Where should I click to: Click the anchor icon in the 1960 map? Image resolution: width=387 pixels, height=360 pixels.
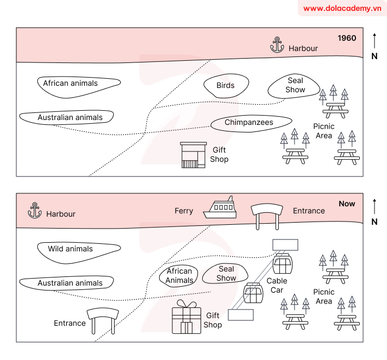(277, 45)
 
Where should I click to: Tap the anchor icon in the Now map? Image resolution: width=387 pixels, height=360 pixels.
(35, 210)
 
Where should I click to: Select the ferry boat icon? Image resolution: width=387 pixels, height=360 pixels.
(220, 209)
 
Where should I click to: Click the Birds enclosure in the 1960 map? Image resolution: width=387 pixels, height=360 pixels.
(226, 85)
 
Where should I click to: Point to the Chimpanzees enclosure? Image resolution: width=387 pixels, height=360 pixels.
(249, 123)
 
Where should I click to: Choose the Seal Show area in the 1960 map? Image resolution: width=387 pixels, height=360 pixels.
(295, 85)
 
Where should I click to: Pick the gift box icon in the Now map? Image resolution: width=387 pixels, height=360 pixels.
(186, 318)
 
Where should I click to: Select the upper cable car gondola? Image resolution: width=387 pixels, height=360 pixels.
(283, 264)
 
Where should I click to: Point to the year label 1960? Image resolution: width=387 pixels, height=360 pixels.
(347, 38)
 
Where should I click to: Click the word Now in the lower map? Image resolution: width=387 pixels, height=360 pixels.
(347, 204)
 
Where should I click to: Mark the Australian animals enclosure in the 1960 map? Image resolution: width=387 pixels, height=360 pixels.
(67, 117)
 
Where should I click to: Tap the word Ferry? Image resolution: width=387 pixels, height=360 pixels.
(184, 211)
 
